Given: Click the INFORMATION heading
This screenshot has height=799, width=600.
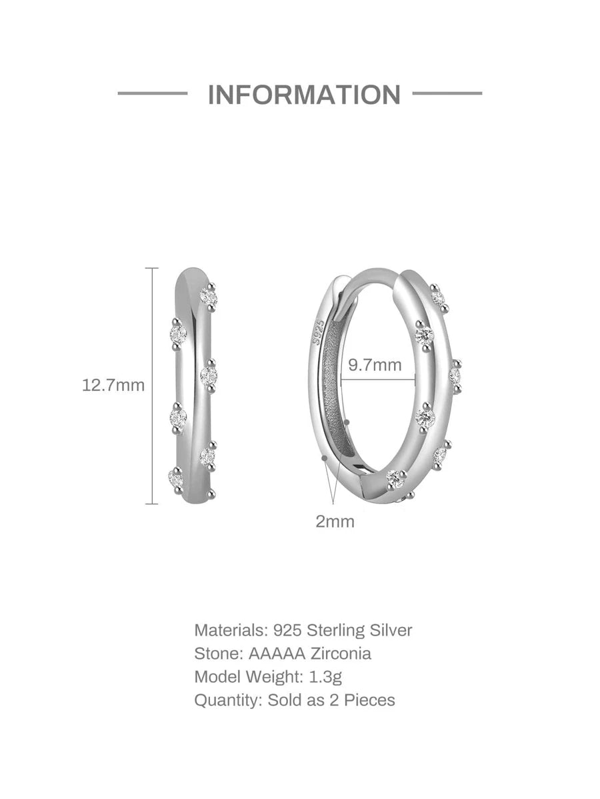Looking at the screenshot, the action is (x=304, y=95).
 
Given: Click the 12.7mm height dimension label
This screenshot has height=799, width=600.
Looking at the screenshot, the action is (x=113, y=385).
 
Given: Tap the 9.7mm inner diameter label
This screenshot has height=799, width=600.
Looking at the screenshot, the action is (x=375, y=365).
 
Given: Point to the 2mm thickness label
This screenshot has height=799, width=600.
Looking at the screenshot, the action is (x=335, y=522).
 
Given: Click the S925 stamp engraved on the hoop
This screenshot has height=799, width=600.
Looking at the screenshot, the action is (x=317, y=332).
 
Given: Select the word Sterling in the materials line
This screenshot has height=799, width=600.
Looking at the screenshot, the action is (x=333, y=631).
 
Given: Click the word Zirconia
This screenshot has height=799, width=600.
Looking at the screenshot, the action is (x=340, y=653).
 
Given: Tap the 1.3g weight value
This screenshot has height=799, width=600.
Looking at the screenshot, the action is (x=325, y=677).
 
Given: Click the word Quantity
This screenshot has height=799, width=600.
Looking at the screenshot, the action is (x=229, y=701).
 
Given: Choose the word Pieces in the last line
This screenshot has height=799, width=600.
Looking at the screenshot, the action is (x=369, y=700).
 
